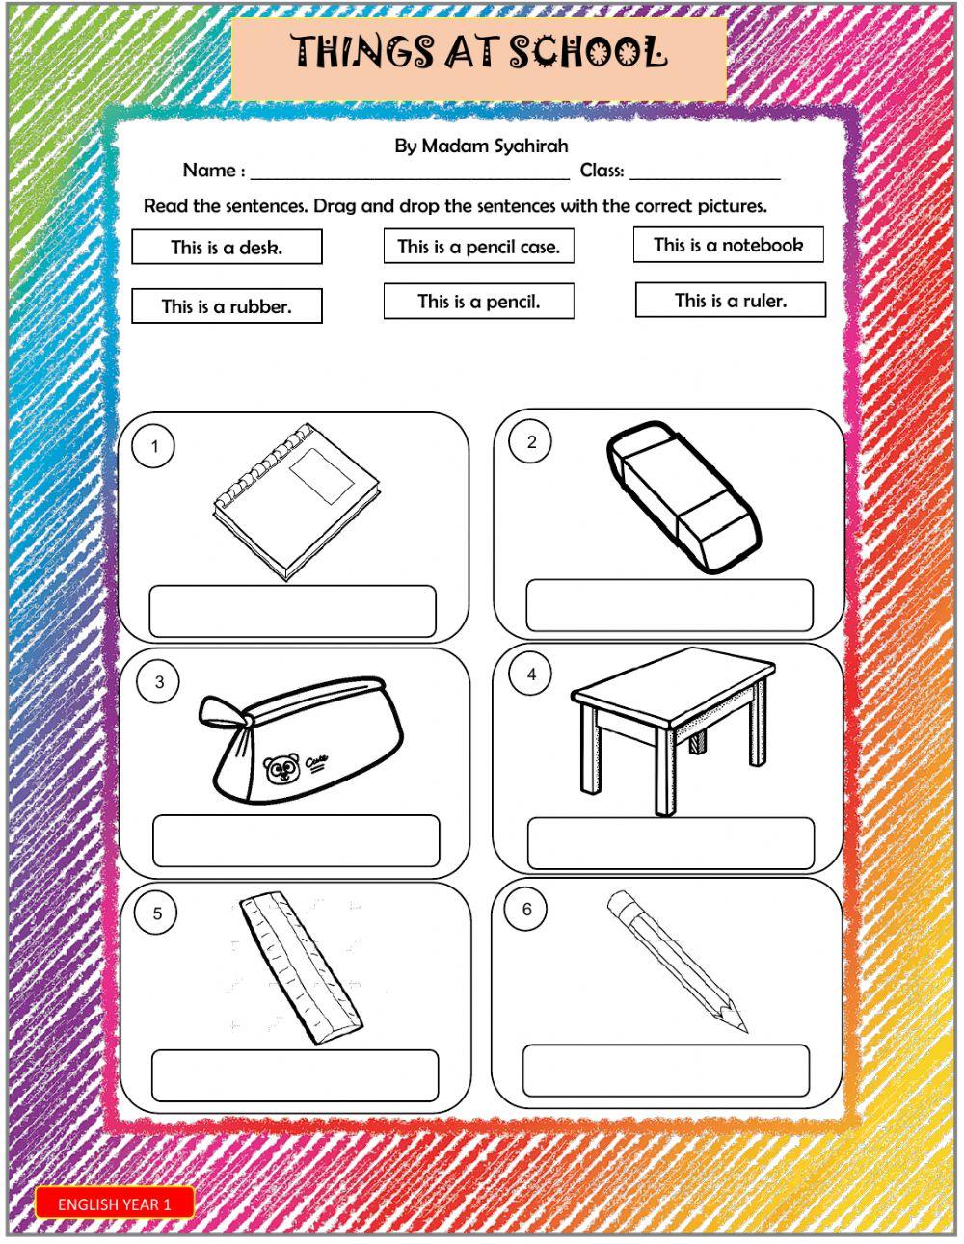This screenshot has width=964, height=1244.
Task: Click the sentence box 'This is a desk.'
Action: [x=227, y=248]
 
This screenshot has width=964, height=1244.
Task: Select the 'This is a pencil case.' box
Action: [x=478, y=247]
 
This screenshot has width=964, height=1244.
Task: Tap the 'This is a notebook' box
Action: [x=729, y=245]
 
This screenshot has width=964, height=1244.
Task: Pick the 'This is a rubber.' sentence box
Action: [x=227, y=306]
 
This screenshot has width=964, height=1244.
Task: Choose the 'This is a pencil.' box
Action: [x=478, y=302]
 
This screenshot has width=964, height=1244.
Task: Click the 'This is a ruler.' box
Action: [x=730, y=301]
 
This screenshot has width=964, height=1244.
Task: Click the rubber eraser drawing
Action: [x=683, y=495]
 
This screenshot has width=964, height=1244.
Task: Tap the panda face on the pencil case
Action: [x=281, y=769]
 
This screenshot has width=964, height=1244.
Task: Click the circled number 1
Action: [x=155, y=446]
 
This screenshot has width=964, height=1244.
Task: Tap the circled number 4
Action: [x=531, y=675]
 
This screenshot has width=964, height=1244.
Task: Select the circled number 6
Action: [x=526, y=910]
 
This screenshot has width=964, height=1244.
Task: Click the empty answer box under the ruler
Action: [x=294, y=1075]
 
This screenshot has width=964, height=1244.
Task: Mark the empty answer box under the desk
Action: [x=670, y=843]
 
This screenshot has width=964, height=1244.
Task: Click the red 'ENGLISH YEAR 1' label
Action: [x=115, y=1204]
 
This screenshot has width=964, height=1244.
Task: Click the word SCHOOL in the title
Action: [x=588, y=52]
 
